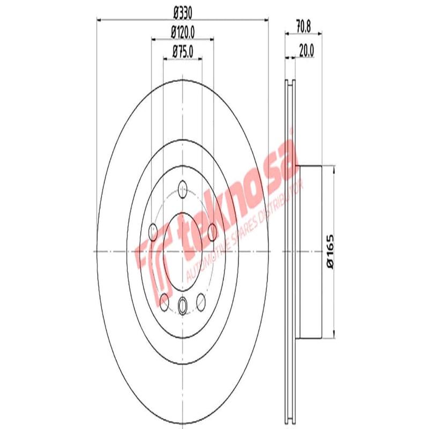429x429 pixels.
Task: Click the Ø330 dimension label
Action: [182, 12]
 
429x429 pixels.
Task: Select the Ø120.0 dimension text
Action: [182, 32]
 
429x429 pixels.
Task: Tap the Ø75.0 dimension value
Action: [182, 51]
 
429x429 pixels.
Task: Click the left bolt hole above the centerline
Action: [153, 232]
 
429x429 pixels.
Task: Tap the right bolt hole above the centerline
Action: [212, 232]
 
